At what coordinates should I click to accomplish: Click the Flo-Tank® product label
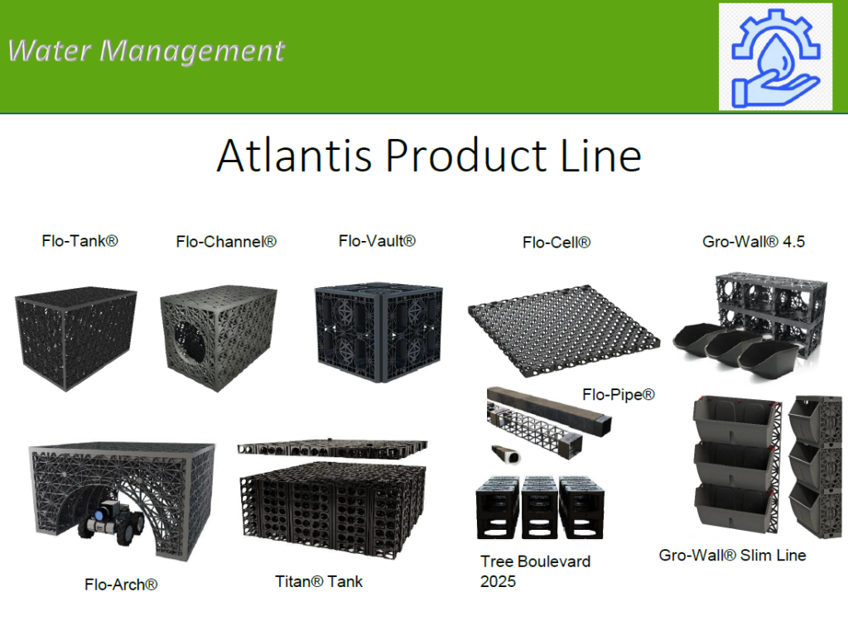pos(79,241)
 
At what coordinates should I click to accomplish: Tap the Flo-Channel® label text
pos(226,242)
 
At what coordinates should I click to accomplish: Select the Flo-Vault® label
pos(377,241)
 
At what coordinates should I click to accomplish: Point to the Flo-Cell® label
pos(556,243)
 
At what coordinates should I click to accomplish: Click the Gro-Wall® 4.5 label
pos(754,242)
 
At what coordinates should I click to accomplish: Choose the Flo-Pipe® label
pos(619,395)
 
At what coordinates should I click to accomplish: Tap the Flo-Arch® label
pos(121,585)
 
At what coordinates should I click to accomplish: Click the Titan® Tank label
pos(319,581)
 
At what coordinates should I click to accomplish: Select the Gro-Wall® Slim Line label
pos(733,555)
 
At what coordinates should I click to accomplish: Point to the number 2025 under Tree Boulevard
pos(498,581)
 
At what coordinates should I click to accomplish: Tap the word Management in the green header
pos(192,51)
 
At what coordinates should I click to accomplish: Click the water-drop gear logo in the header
pos(775,55)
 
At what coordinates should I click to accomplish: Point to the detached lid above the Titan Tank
pos(331,448)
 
